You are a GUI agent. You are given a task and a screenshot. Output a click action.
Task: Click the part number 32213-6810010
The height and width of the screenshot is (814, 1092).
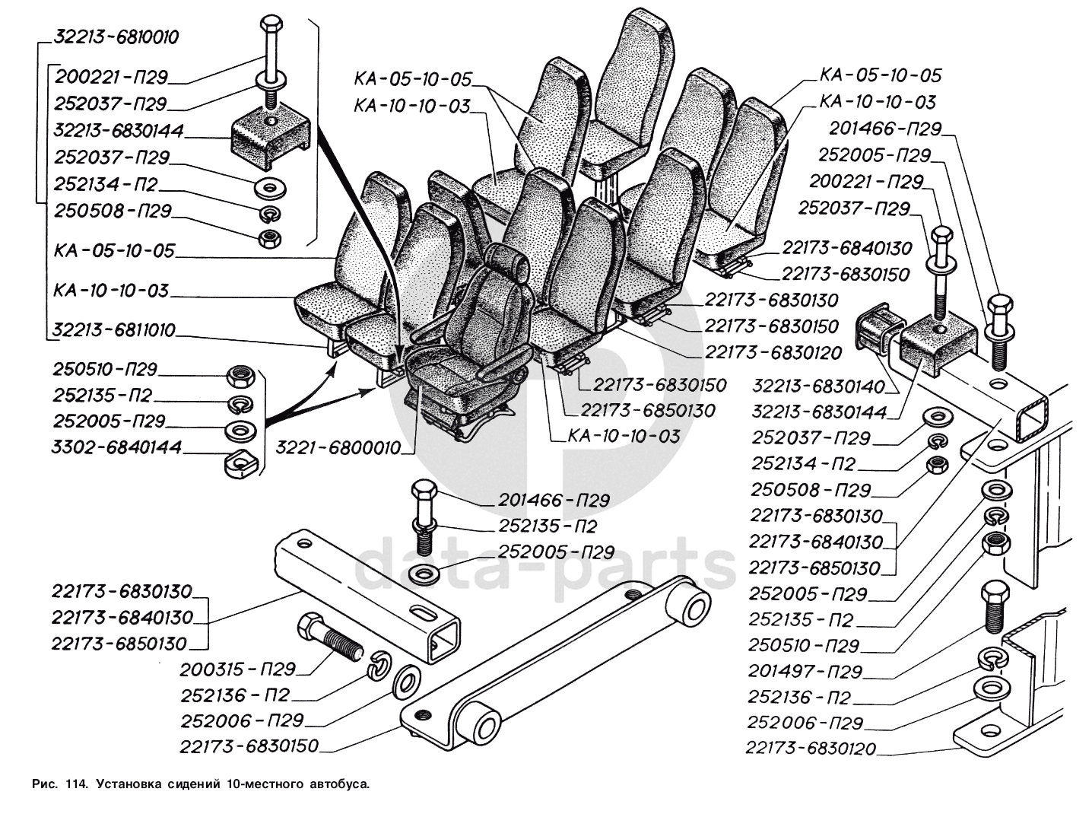(x=116, y=38)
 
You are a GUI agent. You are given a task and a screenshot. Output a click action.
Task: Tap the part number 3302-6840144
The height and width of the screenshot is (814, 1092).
(x=117, y=447)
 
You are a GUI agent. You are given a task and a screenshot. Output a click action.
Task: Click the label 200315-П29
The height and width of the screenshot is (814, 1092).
(x=237, y=669)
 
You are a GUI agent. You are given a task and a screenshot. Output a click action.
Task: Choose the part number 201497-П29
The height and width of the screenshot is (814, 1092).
(x=805, y=671)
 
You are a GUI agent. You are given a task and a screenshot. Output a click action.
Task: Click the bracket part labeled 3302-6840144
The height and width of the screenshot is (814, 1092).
(x=242, y=461)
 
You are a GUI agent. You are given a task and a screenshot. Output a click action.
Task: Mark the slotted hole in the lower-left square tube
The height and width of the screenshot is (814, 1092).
(x=421, y=611)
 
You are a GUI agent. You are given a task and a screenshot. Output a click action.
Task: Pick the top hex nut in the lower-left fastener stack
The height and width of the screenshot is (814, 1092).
(x=243, y=375)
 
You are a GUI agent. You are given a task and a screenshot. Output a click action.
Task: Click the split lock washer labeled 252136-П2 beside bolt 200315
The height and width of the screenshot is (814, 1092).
(x=378, y=667)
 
